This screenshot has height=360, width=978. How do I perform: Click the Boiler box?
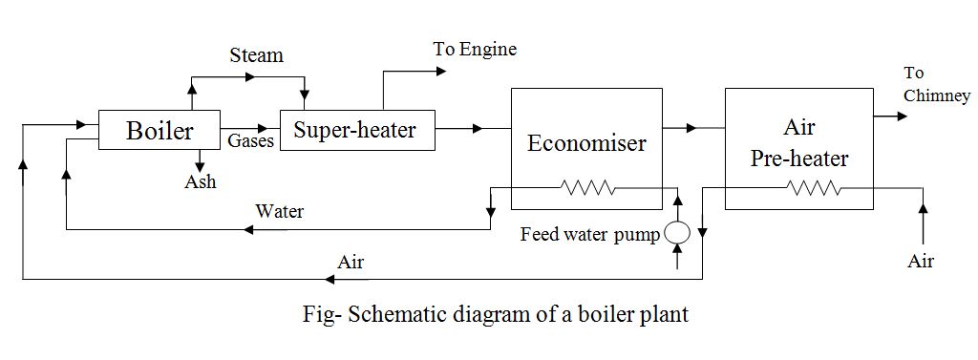(159, 129)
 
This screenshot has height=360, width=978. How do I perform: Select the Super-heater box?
(355, 129)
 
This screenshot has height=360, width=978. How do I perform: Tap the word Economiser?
(586, 143)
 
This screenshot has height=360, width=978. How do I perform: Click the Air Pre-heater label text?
(798, 143)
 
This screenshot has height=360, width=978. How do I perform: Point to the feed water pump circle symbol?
(677, 232)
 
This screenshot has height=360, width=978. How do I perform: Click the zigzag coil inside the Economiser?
(588, 188)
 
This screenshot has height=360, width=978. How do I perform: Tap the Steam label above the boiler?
(256, 55)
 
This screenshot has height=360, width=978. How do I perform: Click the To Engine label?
(475, 49)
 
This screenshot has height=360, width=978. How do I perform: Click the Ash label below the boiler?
(201, 181)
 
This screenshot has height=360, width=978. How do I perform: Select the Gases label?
(251, 140)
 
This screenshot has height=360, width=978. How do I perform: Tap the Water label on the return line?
(280, 211)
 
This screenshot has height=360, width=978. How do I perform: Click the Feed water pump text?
(589, 234)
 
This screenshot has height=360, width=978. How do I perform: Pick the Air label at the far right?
(921, 261)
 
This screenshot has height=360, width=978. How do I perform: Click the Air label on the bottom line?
(351, 263)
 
